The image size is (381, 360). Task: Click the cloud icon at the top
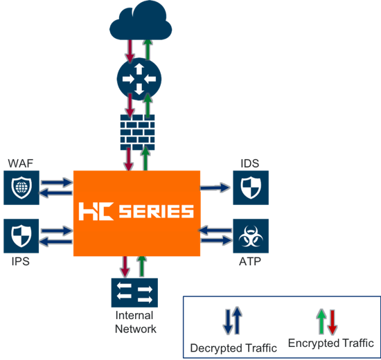tap(141, 20)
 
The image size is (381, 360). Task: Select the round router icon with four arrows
tap(139, 79)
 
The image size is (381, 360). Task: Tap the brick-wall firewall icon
tap(138, 132)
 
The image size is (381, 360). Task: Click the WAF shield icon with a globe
tap(21, 188)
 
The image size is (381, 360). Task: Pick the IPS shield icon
tap(21, 236)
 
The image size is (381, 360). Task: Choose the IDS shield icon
tap(251, 188)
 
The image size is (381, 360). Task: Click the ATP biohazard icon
tap(251, 236)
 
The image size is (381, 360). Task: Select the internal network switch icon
tap(134, 293)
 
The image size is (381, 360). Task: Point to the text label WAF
tap(20, 163)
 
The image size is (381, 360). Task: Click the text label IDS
tap(250, 163)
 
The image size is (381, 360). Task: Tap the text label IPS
tap(21, 262)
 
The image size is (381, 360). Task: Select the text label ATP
tap(250, 262)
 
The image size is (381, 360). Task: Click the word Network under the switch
tap(136, 329)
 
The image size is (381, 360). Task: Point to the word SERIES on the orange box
tap(157, 211)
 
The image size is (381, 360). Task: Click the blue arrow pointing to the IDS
tap(215, 188)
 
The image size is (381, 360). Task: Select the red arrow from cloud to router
tap(130, 51)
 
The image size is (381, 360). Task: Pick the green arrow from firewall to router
tap(148, 106)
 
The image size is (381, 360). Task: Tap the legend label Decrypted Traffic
tap(233, 348)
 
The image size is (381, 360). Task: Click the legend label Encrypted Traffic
tap(331, 343)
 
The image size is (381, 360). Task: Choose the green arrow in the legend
tap(321, 322)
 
